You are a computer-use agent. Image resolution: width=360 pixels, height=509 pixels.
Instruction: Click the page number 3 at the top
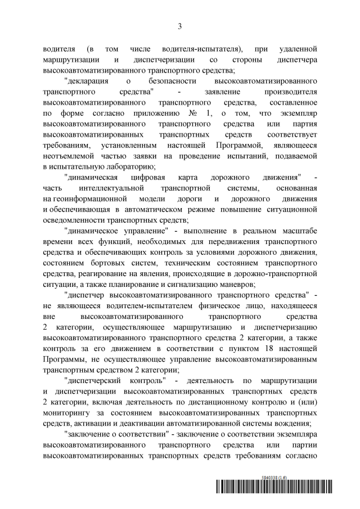[x=180, y=26]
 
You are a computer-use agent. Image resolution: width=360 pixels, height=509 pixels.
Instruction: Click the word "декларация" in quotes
[x=87, y=82]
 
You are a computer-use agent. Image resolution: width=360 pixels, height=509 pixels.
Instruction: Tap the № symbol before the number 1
[x=194, y=114]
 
